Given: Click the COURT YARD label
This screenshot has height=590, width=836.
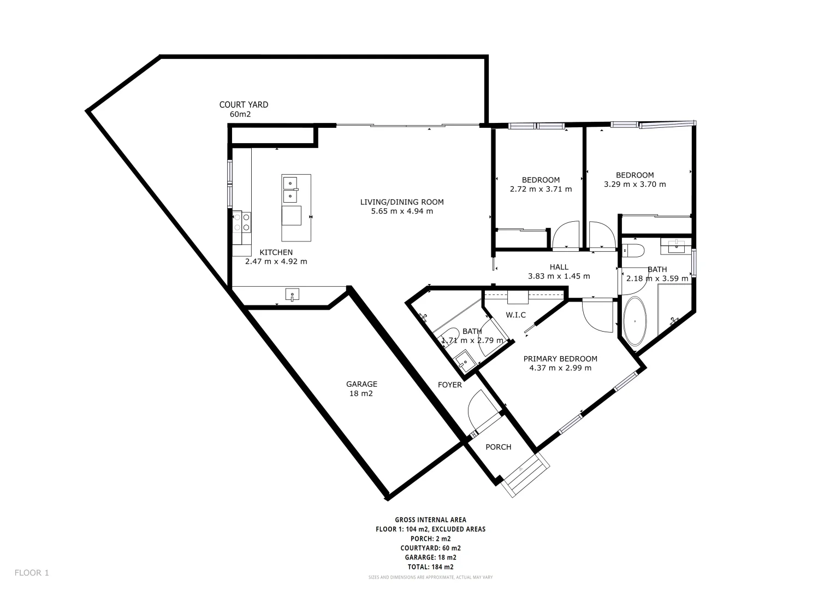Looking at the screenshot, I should pos(244,105).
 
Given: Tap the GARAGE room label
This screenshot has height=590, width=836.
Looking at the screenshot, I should pos(361,384).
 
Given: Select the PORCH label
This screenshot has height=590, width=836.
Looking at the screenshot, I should pos(498,447).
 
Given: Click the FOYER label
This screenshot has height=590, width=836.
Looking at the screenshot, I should pos(449,385).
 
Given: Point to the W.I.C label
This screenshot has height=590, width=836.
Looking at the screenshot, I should pos(515,315).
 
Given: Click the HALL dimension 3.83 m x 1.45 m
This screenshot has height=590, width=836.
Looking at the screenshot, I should pos(559,276).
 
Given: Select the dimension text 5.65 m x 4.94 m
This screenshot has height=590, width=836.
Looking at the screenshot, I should pos(401,211).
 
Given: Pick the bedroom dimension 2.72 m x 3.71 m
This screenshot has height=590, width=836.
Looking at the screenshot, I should pos(541,189).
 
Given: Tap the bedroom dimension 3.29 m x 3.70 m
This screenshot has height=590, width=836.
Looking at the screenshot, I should pos(635,184).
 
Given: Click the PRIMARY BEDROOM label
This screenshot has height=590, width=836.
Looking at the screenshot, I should pos(560,359).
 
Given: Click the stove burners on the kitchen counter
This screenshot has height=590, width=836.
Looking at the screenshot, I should pos(242,222).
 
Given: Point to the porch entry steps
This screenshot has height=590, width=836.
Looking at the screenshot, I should pos(525,475).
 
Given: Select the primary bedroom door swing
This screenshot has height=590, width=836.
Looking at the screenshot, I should pos(598,316).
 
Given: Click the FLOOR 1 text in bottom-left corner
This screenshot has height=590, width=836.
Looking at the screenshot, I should pos(32,573).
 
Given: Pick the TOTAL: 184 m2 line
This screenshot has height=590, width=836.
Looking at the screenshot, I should pos(430,567).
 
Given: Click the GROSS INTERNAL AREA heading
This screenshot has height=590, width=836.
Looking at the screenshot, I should pos(430,520).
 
